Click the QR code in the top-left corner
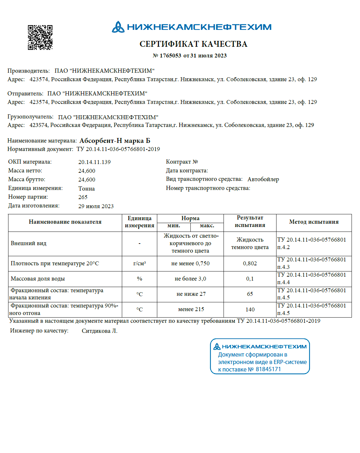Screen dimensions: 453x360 pos(40,37)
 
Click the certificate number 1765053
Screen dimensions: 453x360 pos(170,56)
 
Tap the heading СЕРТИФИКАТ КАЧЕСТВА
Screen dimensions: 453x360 pos(193,44)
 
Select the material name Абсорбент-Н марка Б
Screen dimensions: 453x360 pos(115,141)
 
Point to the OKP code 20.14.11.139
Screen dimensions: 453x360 pos(94,162)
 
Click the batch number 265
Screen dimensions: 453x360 pos(83,197)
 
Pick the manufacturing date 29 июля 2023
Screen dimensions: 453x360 pos(96,206)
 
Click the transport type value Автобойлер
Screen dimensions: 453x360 pos(263,179)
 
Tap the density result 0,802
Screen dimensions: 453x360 pos(250,263)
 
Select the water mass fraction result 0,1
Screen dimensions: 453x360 pos(250,279)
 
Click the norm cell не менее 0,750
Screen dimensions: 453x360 pos(190,263)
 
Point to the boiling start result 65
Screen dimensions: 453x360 pos(250,294)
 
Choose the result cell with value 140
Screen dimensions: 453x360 pos(250,309)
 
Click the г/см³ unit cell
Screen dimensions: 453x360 pos(139,263)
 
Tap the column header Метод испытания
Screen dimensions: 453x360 pos(314,222)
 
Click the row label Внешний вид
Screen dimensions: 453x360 pos(29,243)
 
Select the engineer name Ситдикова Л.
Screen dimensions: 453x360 pos(99,331)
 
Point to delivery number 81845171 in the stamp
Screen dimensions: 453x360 pos(268,369)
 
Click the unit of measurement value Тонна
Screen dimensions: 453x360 pos(86,189)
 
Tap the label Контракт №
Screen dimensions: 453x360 pos(182,162)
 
